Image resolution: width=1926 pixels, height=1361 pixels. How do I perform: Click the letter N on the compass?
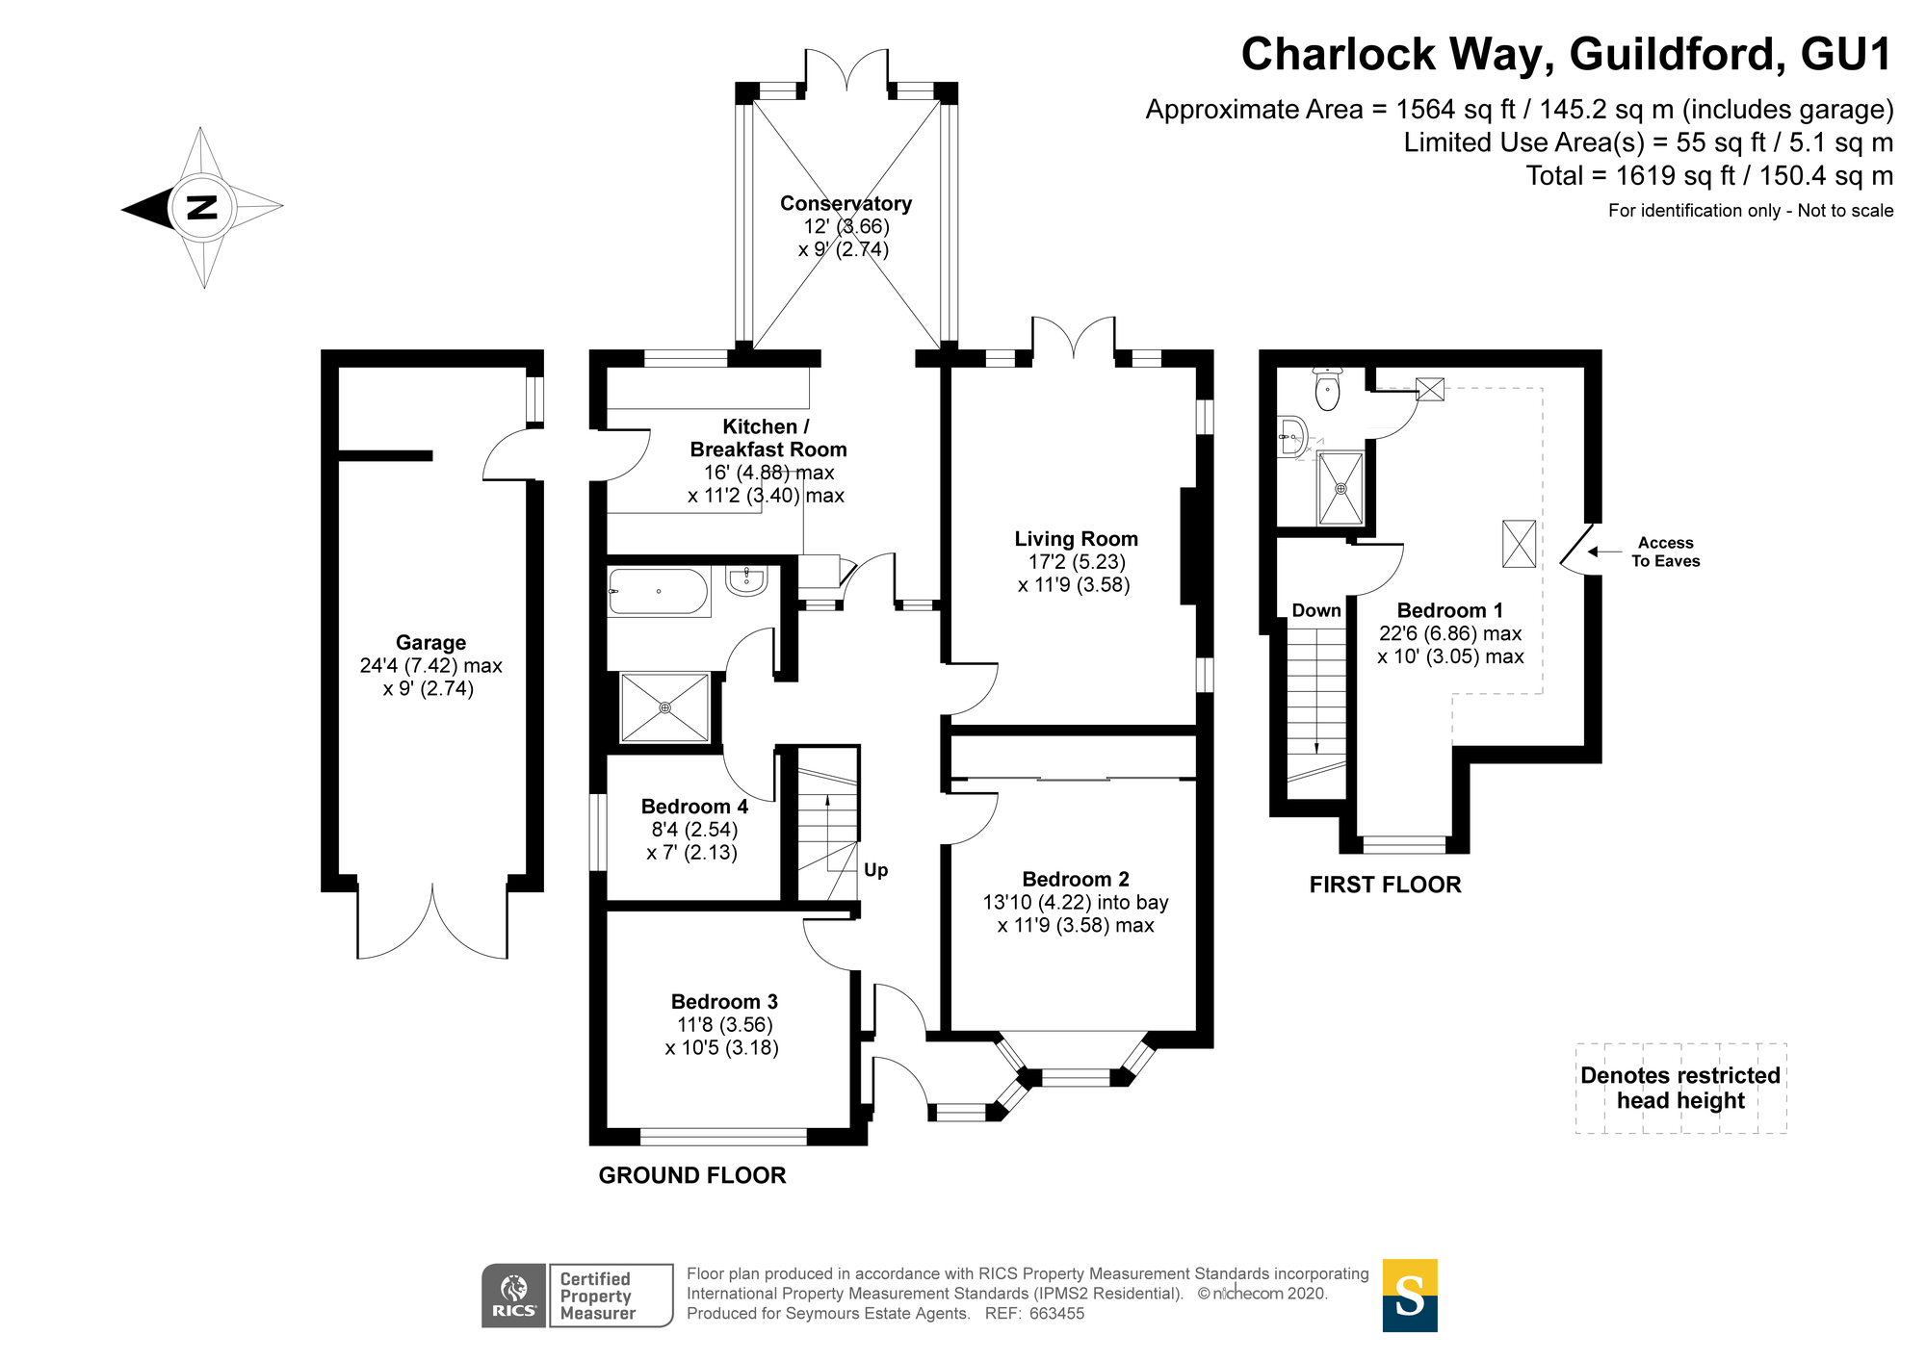pos(202,207)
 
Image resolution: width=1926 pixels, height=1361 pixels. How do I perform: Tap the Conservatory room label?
pos(846,203)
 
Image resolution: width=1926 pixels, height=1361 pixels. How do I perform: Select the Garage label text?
pos(430,643)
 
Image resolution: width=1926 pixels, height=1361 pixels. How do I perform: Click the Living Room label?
pos(1076,539)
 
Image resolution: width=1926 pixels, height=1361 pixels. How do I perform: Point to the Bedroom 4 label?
pos(694,807)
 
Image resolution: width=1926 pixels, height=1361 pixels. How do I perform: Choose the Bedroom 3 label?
pos(724,1002)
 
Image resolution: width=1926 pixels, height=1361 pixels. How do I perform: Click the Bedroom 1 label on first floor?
pos(1449,610)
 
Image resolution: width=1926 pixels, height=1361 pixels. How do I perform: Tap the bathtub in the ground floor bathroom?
pos(659,591)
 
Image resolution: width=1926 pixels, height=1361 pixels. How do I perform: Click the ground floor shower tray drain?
pos(664,707)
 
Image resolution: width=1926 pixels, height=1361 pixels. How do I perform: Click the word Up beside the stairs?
pos(875,870)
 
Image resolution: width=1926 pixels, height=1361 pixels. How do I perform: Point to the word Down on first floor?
pos(1316,610)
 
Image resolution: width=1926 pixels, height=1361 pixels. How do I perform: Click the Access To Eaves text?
pos(1665,552)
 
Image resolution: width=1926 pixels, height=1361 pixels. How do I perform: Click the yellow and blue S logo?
pos(1410,1296)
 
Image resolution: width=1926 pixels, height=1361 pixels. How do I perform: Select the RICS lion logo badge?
pos(514,1296)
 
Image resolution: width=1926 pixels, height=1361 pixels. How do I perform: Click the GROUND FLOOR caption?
pos(692,1175)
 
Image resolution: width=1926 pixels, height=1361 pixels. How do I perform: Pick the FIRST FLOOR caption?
pos(1385,885)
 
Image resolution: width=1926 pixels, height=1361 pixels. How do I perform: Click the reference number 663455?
pos(1057,1314)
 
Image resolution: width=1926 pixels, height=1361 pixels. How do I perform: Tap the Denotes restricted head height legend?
pos(1680,1088)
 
